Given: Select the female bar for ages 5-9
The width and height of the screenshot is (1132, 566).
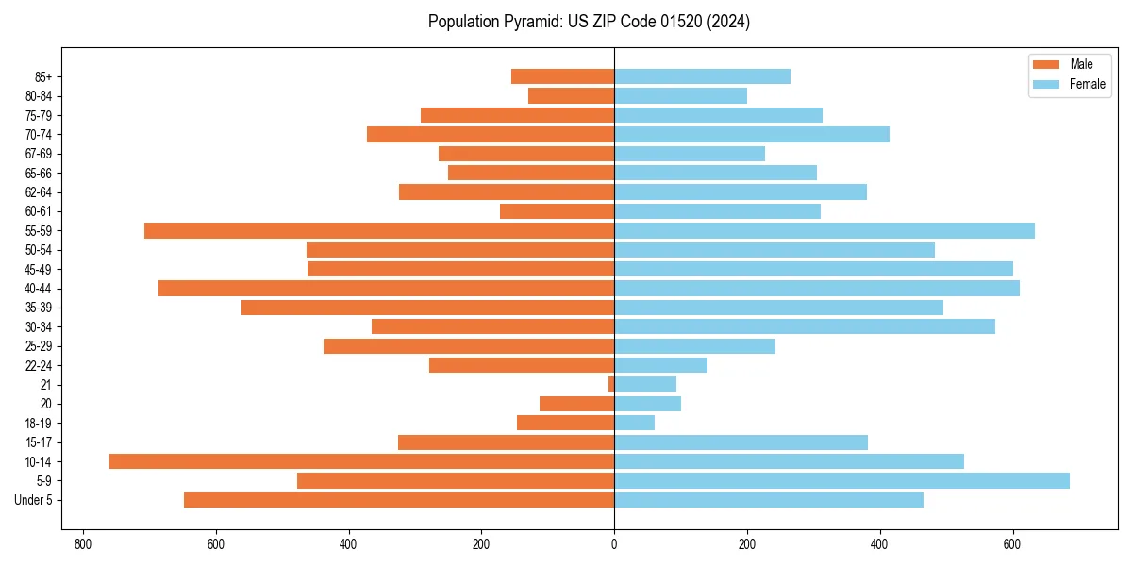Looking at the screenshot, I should tap(841, 480).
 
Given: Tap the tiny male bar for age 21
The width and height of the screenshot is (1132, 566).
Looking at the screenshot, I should tap(611, 384).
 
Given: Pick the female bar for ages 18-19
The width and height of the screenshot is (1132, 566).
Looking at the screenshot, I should tap(634, 423).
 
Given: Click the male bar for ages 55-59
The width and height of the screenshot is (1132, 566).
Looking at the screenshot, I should tap(379, 230).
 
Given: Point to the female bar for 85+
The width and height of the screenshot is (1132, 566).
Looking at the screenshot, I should tap(702, 76).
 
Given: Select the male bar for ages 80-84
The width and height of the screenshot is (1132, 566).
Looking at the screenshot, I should tap(571, 95).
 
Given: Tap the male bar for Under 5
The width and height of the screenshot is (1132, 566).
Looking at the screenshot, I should tap(399, 500).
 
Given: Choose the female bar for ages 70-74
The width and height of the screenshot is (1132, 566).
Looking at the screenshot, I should tap(751, 134).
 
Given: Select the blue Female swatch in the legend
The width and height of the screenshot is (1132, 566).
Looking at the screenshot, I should tap(1046, 84).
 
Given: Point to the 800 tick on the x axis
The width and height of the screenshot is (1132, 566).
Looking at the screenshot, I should tap(83, 544).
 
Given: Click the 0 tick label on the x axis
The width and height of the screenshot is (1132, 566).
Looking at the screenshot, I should tap(614, 544).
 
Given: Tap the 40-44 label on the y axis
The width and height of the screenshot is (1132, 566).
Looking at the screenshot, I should tap(39, 289).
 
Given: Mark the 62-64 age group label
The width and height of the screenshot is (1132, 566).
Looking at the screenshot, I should tap(39, 192).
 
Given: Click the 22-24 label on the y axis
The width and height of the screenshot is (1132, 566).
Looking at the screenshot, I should tap(39, 365).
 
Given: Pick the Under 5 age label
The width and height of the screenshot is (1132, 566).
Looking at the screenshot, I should tap(34, 500).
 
